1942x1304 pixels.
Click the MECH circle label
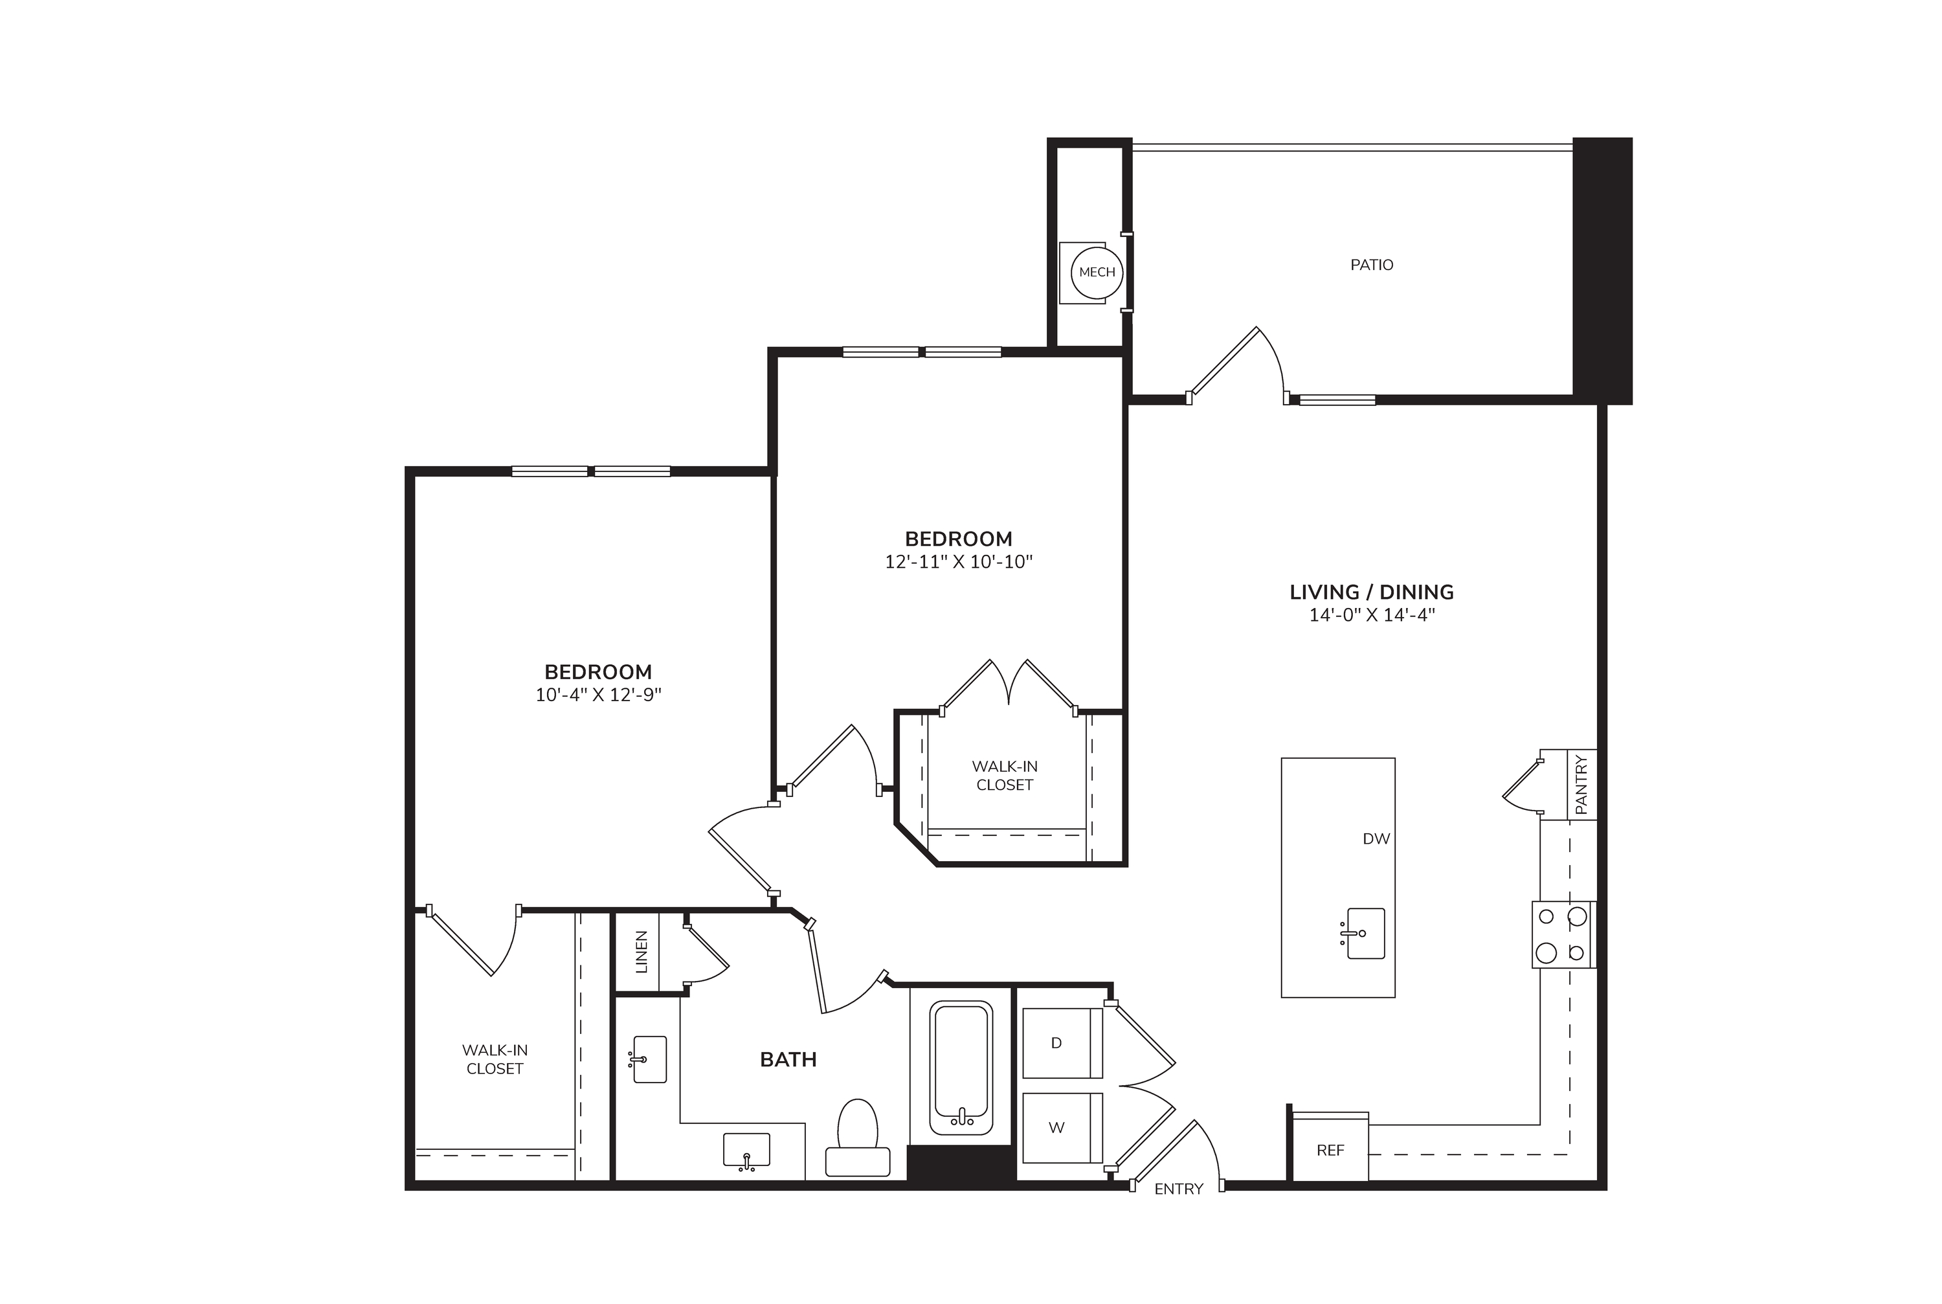pos(1097,272)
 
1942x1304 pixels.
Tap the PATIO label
pos(1372,264)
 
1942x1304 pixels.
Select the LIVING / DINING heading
pos(1372,592)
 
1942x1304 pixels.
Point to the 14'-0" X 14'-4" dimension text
pos(1372,615)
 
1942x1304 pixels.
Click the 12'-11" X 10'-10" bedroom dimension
pos(959,561)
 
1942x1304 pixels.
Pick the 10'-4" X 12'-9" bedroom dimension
pos(599,695)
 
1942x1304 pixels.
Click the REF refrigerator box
pos(1331,1148)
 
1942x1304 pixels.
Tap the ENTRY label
pos(1179,1189)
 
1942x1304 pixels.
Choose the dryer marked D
pos(1062,1043)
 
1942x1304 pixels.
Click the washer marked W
pos(1062,1128)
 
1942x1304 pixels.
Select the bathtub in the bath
pos(962,1068)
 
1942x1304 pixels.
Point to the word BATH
pos(788,1059)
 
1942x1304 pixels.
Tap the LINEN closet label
pos(641,952)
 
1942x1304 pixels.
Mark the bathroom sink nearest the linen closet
pos(649,1059)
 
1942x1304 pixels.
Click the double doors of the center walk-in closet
pos(1009,684)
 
